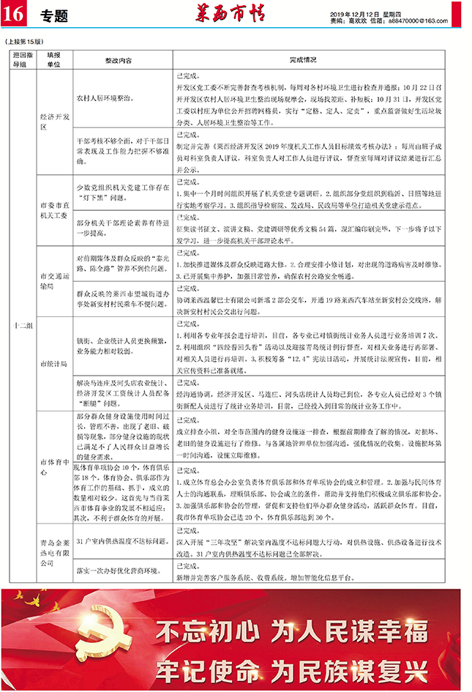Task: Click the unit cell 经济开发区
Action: click(x=54, y=121)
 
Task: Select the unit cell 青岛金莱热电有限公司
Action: click(x=54, y=553)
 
